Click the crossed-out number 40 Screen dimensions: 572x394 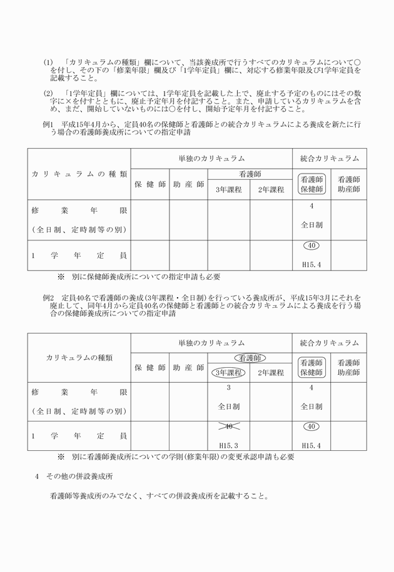tap(229, 426)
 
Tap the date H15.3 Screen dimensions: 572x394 tap(229, 445)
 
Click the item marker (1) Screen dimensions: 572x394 tap(48, 63)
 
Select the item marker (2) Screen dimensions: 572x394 tap(48, 93)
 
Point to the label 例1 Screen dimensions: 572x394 tap(48, 125)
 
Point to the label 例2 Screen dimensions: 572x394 tap(48, 298)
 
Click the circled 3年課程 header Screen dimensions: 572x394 tap(229, 373)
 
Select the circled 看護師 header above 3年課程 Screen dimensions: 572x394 tap(250, 358)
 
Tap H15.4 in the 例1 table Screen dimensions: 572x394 tap(311, 264)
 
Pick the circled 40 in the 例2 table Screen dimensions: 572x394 tap(311, 427)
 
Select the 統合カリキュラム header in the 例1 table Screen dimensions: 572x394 tap(330, 159)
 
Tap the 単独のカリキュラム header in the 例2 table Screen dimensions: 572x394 tap(211, 343)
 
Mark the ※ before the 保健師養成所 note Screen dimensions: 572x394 tap(61, 276)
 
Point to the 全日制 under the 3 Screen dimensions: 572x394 tap(229, 406)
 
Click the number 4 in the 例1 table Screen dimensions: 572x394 tap(311, 206)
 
